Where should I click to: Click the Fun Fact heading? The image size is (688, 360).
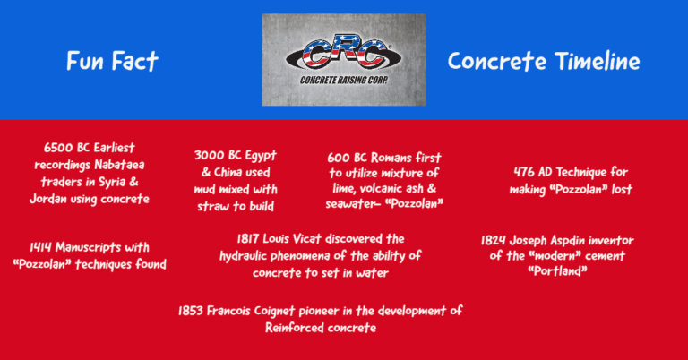coord(112,61)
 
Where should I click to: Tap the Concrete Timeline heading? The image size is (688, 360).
coord(544,61)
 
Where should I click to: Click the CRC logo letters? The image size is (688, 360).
coord(344,53)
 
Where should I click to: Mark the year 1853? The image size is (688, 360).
coord(198,311)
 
